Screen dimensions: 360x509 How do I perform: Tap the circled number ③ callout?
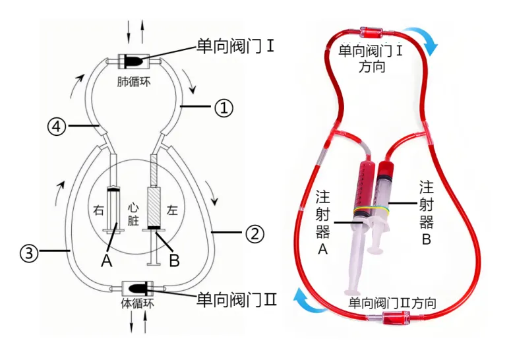click(x=28, y=252)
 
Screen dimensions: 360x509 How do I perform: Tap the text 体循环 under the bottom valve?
click(x=135, y=305)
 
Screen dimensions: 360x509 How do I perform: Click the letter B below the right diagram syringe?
click(x=174, y=261)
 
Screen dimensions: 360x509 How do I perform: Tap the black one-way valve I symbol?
click(x=132, y=61)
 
